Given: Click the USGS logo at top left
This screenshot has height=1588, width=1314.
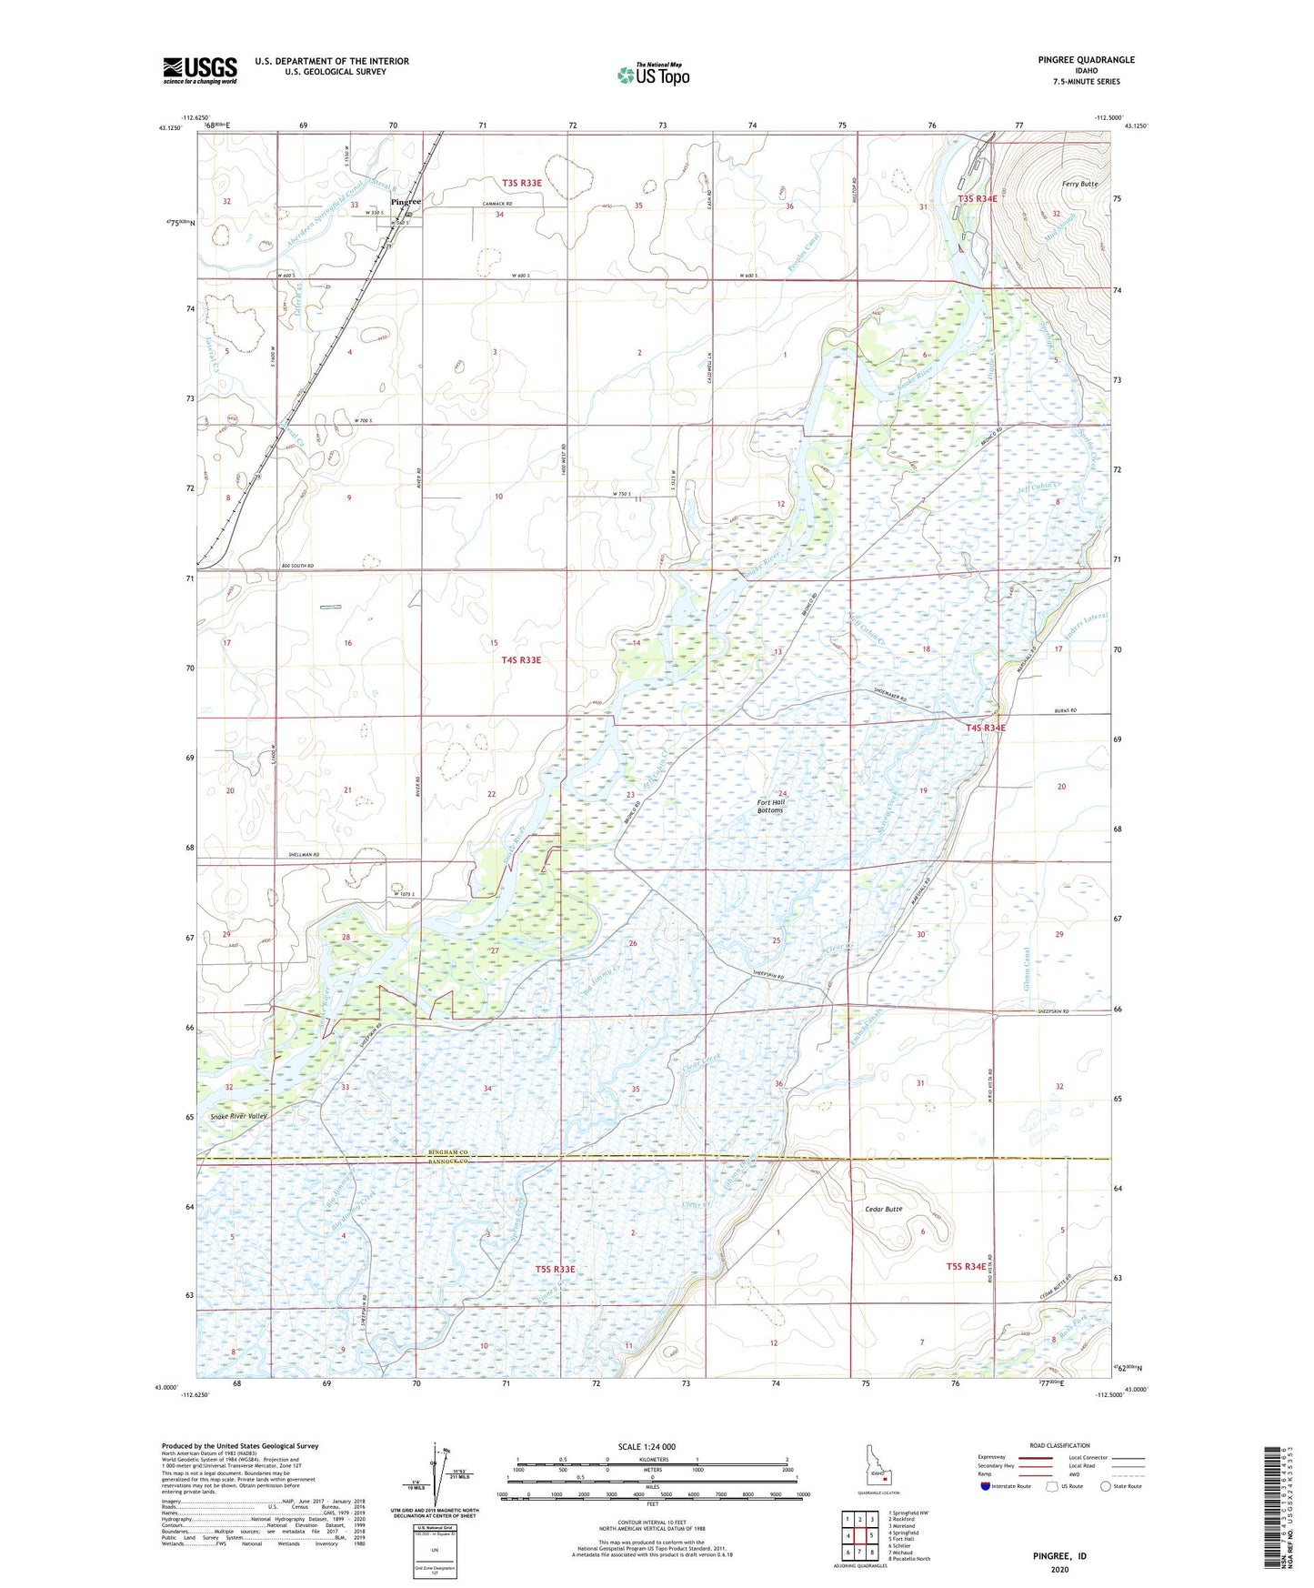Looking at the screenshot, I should point(199,70).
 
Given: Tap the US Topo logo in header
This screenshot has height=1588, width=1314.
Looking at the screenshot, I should point(653,75).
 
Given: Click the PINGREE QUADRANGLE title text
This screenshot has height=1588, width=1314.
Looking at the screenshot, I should point(1086,60).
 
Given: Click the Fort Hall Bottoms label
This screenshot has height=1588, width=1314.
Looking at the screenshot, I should point(770,806).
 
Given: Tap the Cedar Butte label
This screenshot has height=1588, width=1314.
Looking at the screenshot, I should point(883,1210).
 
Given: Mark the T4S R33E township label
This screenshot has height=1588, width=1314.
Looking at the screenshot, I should point(521,660).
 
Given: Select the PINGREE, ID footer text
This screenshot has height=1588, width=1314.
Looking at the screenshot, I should point(1059,1556).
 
